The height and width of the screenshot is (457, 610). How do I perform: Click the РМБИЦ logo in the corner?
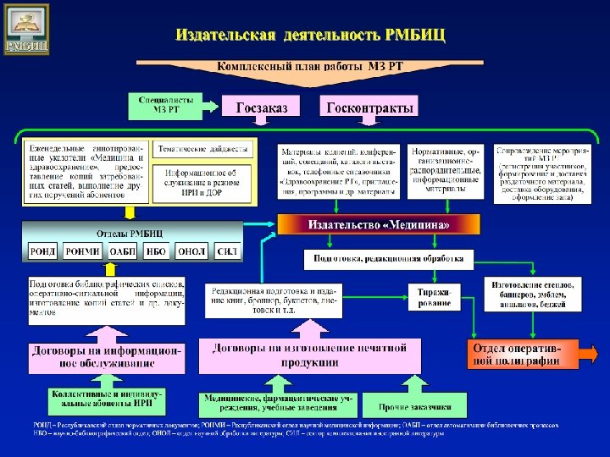coord(26,29)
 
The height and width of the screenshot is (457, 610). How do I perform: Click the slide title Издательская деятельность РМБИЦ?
coord(310,36)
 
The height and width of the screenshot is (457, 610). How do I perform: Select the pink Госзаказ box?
coord(262,107)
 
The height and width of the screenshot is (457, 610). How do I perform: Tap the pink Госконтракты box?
coord(370,107)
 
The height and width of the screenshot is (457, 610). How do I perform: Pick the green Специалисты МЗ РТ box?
coord(166,104)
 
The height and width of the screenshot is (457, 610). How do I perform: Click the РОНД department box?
coord(42,251)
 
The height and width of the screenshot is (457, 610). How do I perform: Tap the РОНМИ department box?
coord(82,251)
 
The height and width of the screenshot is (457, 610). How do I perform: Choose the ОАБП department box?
coord(123,251)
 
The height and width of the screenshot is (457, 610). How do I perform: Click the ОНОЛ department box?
coord(191,251)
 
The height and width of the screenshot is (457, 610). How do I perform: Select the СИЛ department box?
coord(226,251)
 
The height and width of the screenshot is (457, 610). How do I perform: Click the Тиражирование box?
coord(436,296)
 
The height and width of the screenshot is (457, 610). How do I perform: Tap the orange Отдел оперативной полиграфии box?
coord(522,355)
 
